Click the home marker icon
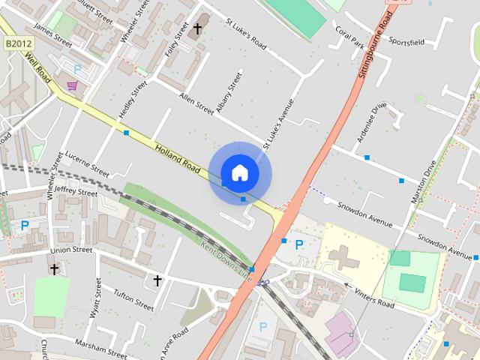tap(239, 173)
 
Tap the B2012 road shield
tap(16, 45)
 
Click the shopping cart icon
tap(72, 86)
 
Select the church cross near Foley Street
tap(198, 29)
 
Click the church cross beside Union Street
tap(54, 268)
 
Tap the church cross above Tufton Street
tap(157, 280)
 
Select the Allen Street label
tap(196, 103)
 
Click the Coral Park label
tap(349, 38)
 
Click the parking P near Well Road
tap(77, 69)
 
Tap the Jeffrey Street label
tap(76, 192)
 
